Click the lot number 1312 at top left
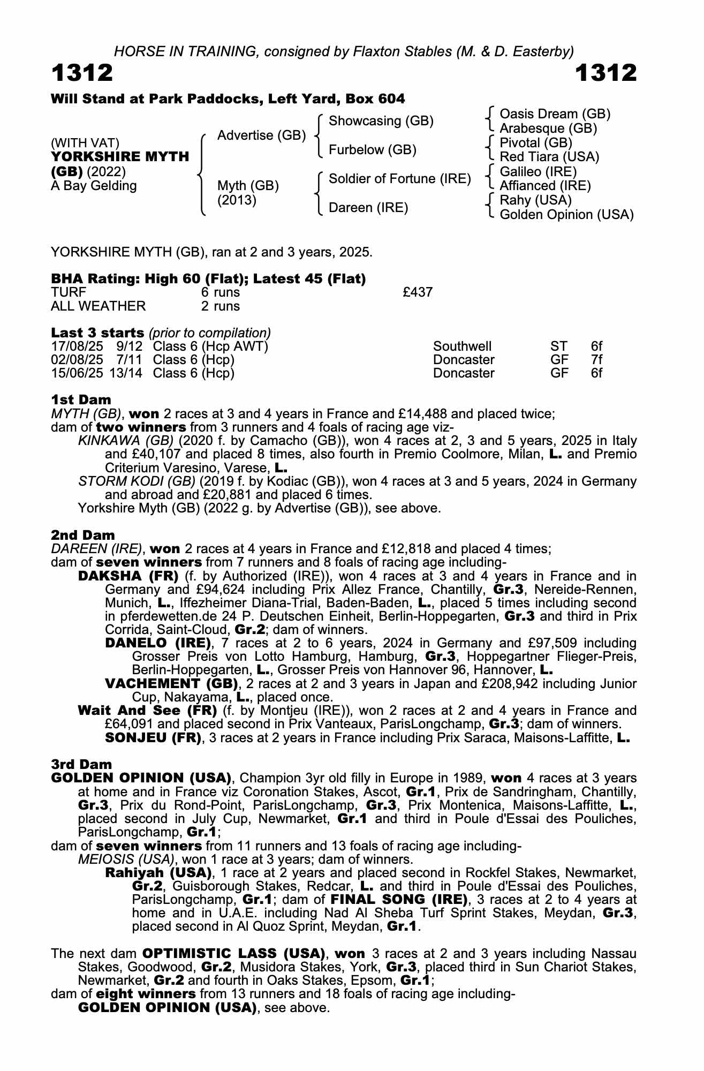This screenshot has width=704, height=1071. (82, 73)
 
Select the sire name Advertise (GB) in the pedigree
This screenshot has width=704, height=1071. (261, 135)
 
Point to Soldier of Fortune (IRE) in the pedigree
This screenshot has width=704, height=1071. (399, 179)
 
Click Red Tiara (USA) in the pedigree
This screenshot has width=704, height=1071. (549, 157)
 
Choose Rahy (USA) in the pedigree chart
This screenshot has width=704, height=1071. (535, 200)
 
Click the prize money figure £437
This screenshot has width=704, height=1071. (418, 292)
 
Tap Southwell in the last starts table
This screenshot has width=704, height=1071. (462, 346)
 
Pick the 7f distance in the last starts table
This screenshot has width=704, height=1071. (596, 360)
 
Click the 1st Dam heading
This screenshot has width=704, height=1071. (81, 400)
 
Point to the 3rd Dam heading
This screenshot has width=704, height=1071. (81, 764)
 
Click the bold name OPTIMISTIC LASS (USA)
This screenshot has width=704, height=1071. (234, 954)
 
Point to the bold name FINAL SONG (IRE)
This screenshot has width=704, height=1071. (399, 900)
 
